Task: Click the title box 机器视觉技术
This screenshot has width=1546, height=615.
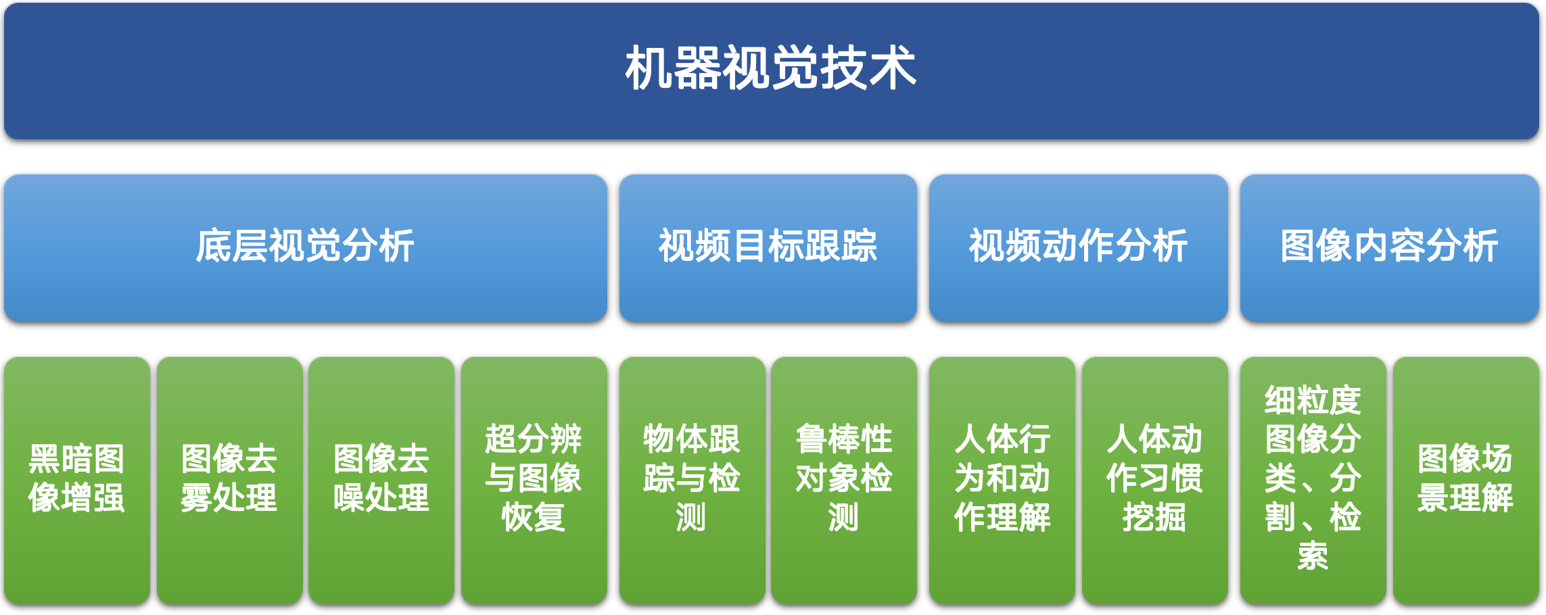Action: click(772, 71)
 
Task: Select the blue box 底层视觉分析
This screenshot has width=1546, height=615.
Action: click(306, 248)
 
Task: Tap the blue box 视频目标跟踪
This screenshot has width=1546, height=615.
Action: click(768, 248)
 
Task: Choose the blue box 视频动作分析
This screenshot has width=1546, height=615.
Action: click(1079, 248)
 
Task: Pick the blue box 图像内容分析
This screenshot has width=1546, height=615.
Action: click(1390, 248)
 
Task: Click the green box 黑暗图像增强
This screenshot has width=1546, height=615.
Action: click(77, 481)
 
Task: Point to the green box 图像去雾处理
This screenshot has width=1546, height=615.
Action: click(230, 481)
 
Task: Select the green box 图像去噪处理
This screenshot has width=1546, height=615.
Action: click(381, 481)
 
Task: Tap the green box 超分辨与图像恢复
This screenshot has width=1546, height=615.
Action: click(534, 481)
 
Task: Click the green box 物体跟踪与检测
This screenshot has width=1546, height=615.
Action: click(692, 481)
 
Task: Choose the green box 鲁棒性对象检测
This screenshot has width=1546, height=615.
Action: click(844, 481)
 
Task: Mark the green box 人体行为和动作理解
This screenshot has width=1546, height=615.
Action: click(1002, 481)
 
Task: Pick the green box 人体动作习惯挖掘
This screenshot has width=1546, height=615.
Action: click(1155, 481)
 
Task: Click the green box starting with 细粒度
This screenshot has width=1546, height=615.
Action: click(1313, 481)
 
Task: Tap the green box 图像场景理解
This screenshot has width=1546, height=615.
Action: click(1466, 481)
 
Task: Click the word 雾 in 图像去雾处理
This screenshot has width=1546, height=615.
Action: click(197, 498)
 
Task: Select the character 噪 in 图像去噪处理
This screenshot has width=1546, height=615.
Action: click(349, 498)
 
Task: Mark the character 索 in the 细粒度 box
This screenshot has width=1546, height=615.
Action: click(1313, 556)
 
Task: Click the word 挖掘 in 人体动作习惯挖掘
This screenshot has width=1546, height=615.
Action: click(1155, 518)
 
